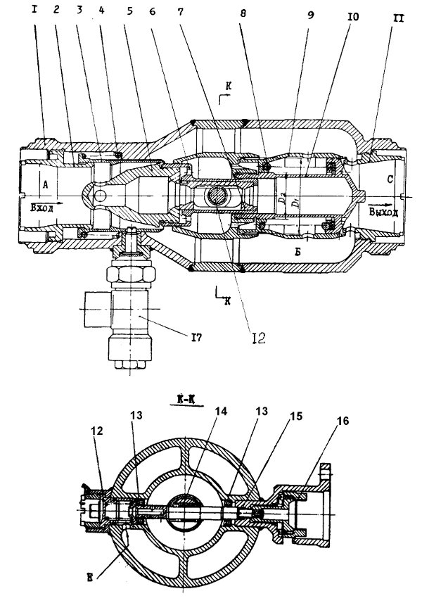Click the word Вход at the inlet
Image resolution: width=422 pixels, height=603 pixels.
(x=41, y=208)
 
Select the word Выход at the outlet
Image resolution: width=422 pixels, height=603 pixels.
(x=383, y=211)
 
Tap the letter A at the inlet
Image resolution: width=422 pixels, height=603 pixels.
(x=46, y=182)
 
